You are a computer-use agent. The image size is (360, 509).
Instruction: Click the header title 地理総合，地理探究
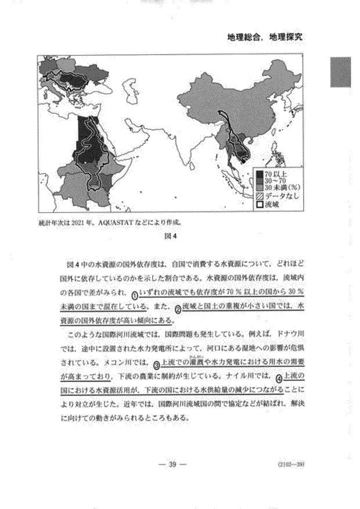[266, 37]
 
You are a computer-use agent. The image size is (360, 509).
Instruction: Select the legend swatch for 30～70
[260, 181]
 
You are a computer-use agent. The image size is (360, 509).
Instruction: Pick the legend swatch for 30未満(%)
[260, 188]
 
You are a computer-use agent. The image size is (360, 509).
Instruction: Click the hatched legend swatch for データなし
[260, 196]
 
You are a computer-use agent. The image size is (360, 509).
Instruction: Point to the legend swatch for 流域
[260, 204]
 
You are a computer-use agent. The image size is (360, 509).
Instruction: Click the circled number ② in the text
[178, 307]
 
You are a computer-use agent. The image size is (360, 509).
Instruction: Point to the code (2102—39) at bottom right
[291, 464]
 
